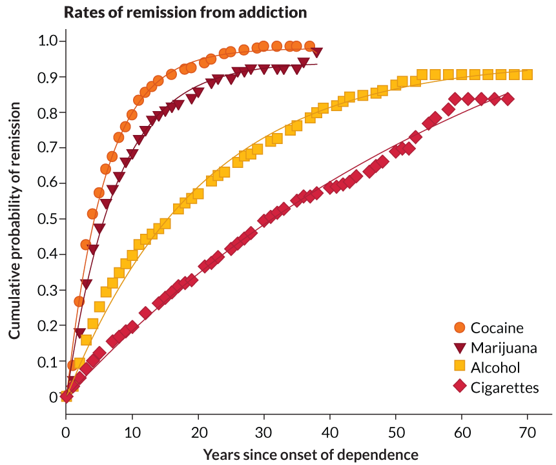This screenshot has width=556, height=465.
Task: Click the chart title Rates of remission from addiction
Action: (185, 12)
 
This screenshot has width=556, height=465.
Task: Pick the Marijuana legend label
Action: (504, 347)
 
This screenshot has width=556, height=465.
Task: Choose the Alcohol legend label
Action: (496, 367)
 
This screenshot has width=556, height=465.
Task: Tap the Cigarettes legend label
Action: (504, 387)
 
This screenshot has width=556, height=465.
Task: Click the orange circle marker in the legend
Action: (460, 327)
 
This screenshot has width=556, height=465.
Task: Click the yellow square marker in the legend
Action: (460, 367)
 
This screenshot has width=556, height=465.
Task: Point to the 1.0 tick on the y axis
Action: (47, 41)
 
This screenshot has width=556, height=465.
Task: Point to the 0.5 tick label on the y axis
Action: (47, 219)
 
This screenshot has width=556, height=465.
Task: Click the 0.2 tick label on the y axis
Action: (47, 325)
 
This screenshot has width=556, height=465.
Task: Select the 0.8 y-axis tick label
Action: (47, 112)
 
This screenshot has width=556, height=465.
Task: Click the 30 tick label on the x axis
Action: (263, 432)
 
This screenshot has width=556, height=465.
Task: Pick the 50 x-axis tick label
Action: (395, 432)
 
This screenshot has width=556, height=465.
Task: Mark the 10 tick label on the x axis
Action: (132, 432)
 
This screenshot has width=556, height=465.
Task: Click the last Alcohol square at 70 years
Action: (527, 75)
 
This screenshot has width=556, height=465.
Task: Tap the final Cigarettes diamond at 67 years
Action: (508, 99)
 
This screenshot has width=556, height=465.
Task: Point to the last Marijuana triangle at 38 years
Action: (316, 52)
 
